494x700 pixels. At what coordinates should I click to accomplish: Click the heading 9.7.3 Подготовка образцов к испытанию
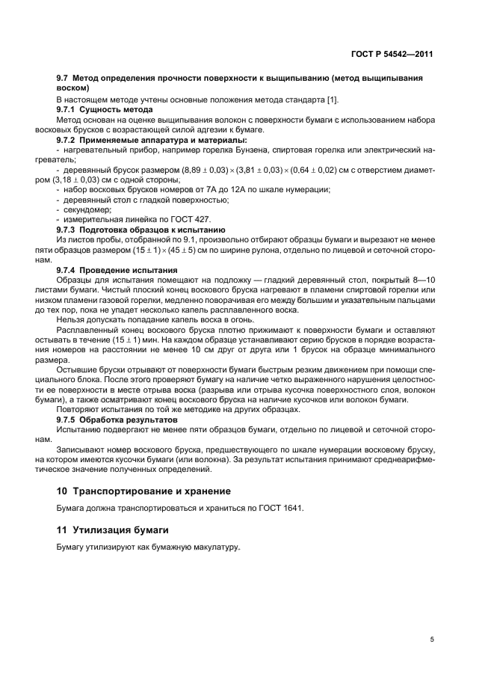coord(140,230)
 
